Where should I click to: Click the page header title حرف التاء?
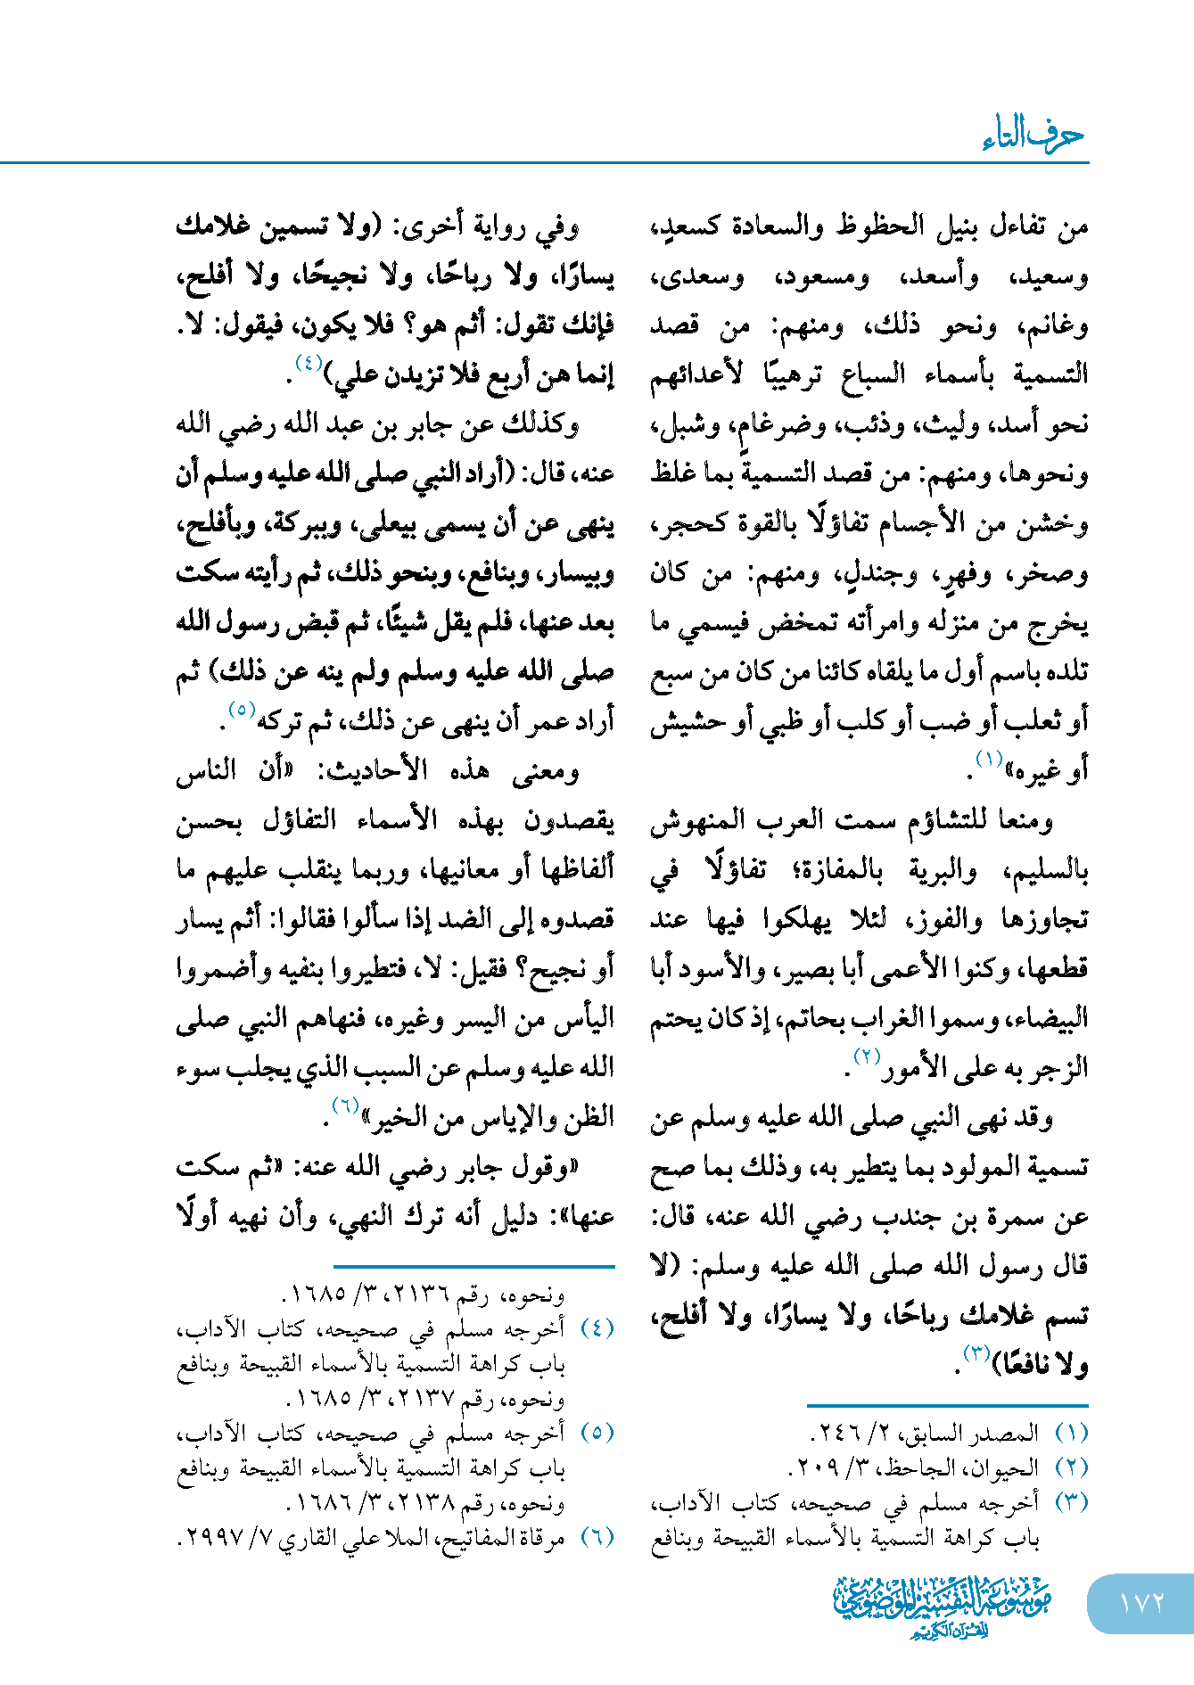click(1033, 136)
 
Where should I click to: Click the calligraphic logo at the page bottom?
click(942, 1605)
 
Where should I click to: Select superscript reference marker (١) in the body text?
click(989, 760)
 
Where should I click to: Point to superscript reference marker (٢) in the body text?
click(867, 1057)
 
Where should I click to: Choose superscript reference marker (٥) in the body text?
click(243, 711)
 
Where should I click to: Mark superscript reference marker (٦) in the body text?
click(345, 1106)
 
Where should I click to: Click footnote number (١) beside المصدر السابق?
click(1071, 1434)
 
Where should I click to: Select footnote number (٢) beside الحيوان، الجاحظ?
click(1071, 1467)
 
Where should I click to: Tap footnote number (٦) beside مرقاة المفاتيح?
click(597, 1537)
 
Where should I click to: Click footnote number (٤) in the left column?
click(597, 1328)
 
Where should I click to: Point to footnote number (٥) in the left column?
click(597, 1433)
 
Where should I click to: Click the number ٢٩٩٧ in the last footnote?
click(214, 1539)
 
